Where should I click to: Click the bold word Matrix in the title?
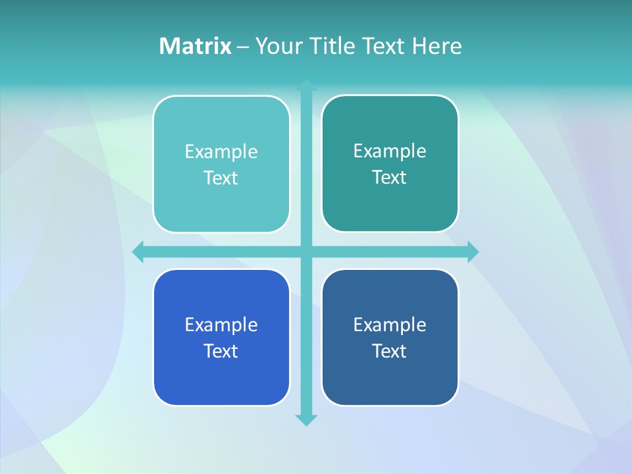195,46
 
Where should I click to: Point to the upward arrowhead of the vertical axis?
306,84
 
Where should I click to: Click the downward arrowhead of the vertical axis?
306,420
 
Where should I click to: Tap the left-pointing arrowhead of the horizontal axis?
138,251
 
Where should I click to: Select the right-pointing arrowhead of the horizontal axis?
473,251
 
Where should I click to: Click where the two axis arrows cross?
306,251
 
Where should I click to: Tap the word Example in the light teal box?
221,152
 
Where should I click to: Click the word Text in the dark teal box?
390,178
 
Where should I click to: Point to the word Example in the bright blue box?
221,325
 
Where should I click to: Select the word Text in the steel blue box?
390,352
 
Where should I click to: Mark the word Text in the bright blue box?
221,352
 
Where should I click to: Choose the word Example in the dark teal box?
390,151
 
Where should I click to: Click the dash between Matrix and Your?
243,47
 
